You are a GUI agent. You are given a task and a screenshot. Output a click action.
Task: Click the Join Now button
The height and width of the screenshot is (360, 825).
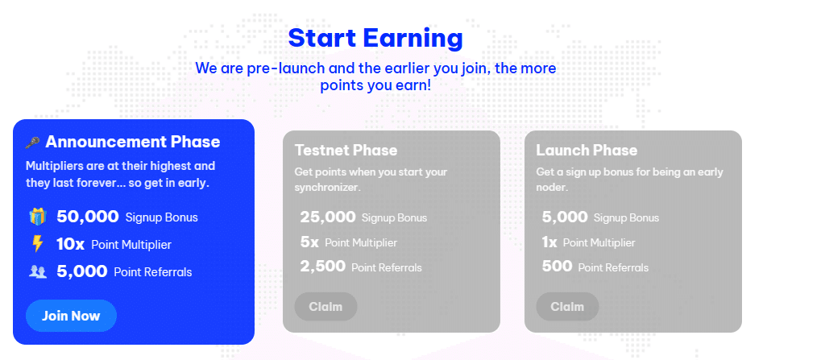click(x=71, y=316)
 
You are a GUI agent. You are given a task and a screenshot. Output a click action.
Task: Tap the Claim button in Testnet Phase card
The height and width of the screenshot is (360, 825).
click(x=325, y=307)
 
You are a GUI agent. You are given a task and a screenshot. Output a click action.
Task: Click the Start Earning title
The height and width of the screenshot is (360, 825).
click(x=375, y=39)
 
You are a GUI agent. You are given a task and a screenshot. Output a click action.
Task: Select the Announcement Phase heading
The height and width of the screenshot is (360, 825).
click(x=133, y=142)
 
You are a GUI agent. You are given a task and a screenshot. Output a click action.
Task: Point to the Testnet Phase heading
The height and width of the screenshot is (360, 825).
click(x=346, y=150)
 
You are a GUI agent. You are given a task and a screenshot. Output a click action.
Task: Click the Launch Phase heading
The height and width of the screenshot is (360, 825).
click(x=587, y=150)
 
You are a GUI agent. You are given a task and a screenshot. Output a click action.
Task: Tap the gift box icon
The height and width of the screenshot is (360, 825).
click(x=38, y=217)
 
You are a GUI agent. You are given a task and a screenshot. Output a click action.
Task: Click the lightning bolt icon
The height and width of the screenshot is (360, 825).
click(x=37, y=244)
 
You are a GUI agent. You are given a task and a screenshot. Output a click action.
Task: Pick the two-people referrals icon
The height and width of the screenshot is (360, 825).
click(x=38, y=271)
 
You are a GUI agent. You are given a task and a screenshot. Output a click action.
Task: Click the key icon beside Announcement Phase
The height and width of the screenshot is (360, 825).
click(x=32, y=142)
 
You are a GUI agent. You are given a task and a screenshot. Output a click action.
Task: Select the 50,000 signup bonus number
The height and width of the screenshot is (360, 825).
click(x=88, y=217)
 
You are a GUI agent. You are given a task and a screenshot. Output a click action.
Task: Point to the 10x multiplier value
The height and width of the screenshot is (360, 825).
click(x=71, y=244)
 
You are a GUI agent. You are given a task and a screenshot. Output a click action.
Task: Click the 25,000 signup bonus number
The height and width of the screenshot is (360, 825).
click(x=328, y=217)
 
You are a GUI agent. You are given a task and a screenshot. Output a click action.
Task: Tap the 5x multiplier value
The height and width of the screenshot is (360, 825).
click(x=309, y=242)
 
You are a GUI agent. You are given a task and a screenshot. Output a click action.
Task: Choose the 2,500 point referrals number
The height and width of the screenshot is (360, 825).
click(x=322, y=267)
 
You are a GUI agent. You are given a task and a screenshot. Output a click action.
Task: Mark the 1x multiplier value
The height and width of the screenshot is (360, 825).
click(x=549, y=242)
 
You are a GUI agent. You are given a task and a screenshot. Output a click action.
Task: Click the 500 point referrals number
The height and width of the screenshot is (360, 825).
click(x=558, y=267)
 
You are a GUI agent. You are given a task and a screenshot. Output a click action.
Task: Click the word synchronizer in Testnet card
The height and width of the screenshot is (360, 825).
click(x=327, y=188)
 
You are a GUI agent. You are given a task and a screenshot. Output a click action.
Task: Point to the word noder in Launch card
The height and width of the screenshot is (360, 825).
click(x=552, y=188)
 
